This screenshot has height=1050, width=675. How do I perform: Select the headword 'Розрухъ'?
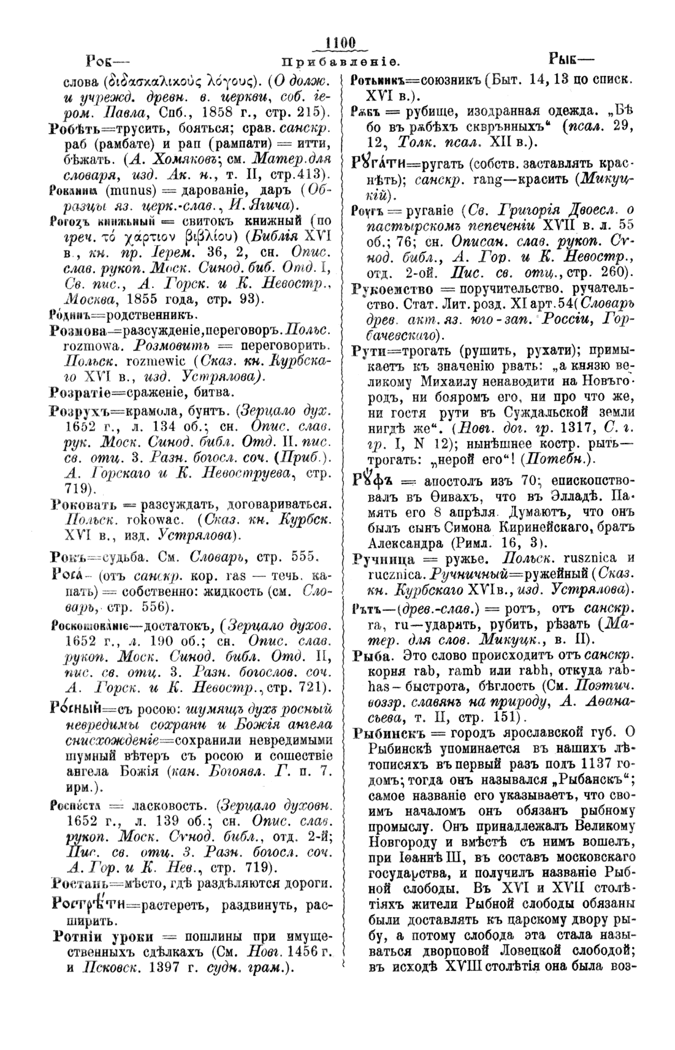80,409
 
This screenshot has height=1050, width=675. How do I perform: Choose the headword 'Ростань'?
80,883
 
